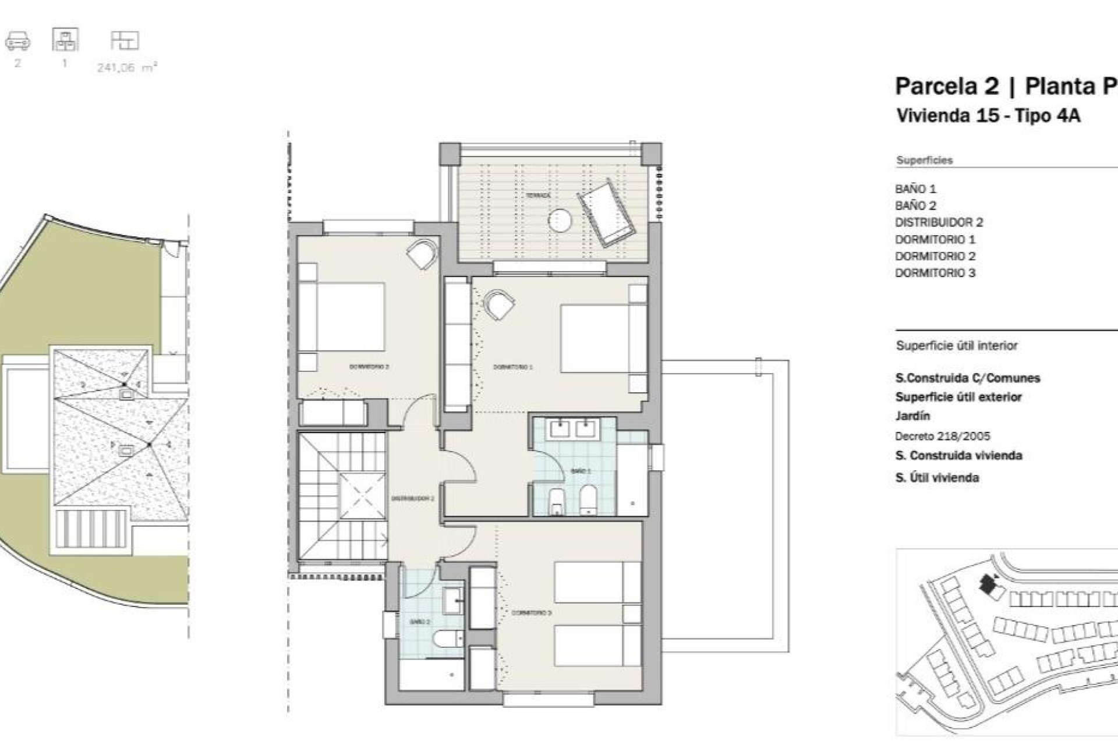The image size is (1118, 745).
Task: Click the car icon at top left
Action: click(17, 41)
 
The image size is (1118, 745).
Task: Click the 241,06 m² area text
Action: click(127, 68)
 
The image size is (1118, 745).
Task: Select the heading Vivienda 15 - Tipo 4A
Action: click(988, 116)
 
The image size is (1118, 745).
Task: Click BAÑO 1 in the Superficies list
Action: click(915, 189)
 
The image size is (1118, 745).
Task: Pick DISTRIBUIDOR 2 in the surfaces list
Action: click(939, 222)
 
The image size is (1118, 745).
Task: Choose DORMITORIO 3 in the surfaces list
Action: click(935, 273)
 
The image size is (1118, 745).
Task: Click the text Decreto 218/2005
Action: click(942, 436)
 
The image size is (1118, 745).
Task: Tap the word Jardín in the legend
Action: click(912, 416)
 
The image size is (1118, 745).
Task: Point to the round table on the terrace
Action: click(560, 221)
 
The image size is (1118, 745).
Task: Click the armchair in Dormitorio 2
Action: click(421, 254)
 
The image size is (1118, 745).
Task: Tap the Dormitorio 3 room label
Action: click(531, 613)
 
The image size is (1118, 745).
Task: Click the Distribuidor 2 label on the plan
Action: click(412, 499)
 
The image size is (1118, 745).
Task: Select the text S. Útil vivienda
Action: click(936, 478)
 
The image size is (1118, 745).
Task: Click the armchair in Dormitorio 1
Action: click(500, 305)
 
